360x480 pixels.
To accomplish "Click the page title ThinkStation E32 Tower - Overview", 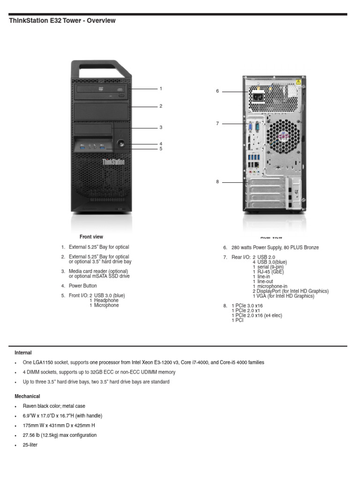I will tap(62, 21).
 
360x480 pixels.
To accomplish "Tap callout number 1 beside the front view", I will tap(161, 88).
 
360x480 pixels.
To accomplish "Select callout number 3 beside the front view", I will tap(161, 127).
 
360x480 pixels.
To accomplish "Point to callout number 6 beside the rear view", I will tap(217, 91).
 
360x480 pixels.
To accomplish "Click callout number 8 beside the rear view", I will tap(217, 181).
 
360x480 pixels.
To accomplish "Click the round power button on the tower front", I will tap(121, 143).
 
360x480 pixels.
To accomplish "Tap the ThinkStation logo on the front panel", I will tap(113, 162).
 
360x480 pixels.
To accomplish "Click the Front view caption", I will tap(91, 237).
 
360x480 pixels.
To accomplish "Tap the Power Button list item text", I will tap(83, 286).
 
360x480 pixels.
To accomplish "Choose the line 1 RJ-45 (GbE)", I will tap(269, 272).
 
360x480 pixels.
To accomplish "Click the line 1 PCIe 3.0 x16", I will tap(247, 306).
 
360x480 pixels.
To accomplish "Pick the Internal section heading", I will tap(23, 352).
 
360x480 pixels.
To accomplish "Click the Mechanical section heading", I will tap(27, 397).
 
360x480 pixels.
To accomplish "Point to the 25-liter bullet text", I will tap(30, 445).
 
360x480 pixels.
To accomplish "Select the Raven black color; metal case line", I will tap(54, 406).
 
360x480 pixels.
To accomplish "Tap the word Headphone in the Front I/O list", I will tap(106, 300).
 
